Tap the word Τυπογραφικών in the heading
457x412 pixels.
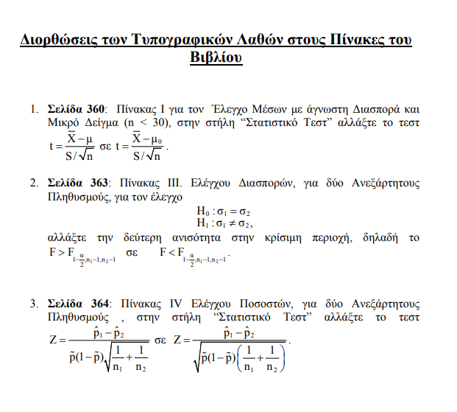click(170, 40)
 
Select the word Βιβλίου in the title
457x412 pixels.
click(216, 57)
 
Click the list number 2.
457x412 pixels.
click(33, 182)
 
